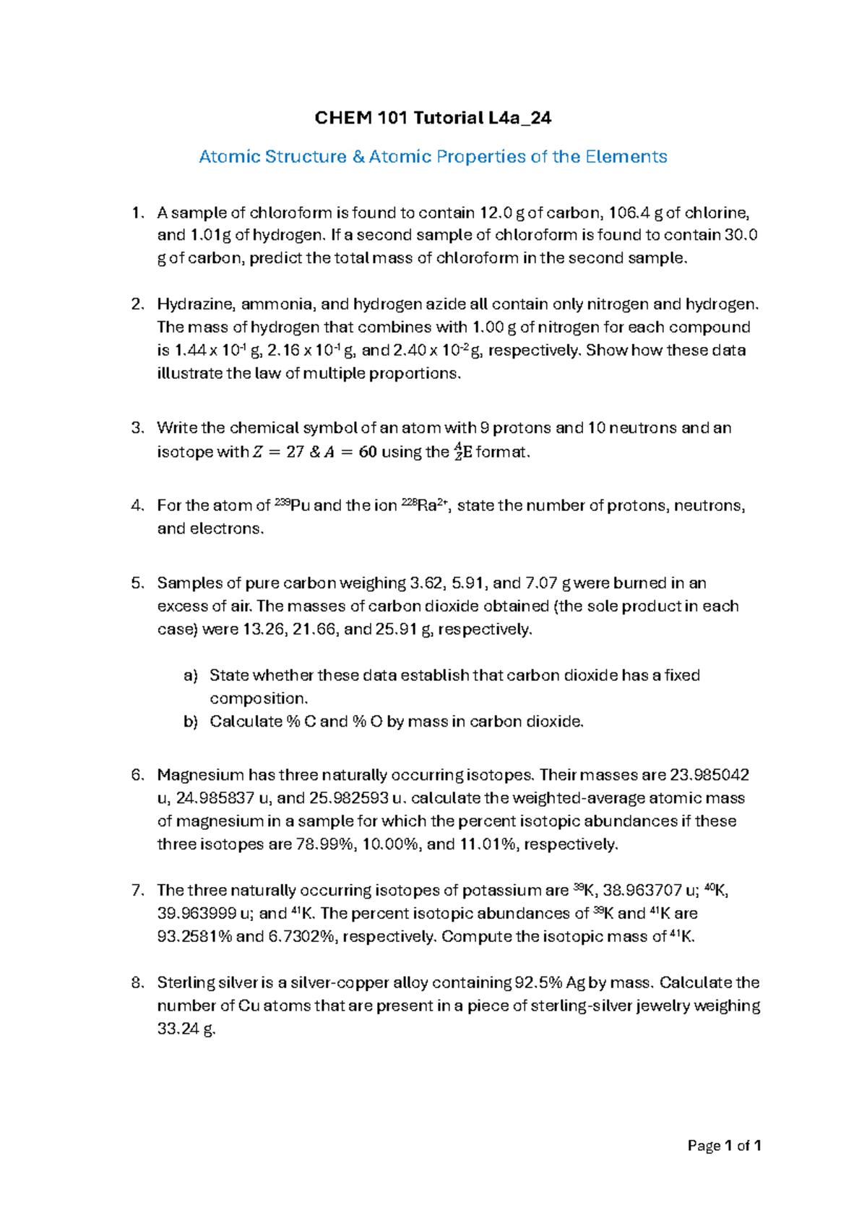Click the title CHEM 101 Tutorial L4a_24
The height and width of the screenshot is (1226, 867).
433,118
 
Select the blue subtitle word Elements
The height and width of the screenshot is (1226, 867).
626,157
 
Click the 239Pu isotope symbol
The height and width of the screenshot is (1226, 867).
292,505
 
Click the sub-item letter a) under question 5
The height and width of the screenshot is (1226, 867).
191,676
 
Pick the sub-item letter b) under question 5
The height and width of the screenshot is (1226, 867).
191,721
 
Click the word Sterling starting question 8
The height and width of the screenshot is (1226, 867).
182,983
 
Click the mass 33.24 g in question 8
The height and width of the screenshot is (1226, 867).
186,1029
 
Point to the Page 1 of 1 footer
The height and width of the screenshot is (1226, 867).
724,1146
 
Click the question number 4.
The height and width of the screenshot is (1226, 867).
137,506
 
